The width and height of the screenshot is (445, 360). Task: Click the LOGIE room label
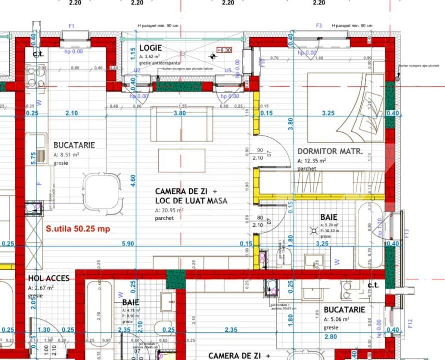pyautogui.click(x=150, y=48)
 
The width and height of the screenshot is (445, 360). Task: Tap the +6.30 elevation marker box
pyautogui.click(x=224, y=50)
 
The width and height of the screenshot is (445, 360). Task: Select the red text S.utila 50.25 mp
pyautogui.click(x=78, y=229)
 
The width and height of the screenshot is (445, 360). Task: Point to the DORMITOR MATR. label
pyautogui.click(x=330, y=151)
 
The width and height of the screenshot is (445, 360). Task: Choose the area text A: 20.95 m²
pyautogui.click(x=169, y=210)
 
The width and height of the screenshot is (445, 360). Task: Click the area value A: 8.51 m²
pyautogui.click(x=67, y=155)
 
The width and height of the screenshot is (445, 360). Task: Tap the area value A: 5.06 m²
pyautogui.click(x=337, y=319)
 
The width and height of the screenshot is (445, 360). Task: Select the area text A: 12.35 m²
pyautogui.click(x=312, y=161)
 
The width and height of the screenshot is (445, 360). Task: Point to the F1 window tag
pyautogui.click(x=71, y=25)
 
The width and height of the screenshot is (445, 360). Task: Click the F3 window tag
pyautogui.click(x=319, y=25)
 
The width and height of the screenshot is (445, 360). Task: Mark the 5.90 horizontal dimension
pyautogui.click(x=128, y=244)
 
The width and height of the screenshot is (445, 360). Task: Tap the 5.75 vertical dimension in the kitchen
pyautogui.click(x=33, y=158)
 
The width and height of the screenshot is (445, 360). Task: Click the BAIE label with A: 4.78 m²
pyautogui.click(x=130, y=302)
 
